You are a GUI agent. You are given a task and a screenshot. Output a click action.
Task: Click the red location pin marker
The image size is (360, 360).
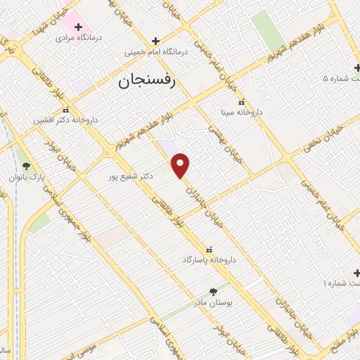(181, 165)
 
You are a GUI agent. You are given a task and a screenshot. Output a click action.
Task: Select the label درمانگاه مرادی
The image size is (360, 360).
(79, 38)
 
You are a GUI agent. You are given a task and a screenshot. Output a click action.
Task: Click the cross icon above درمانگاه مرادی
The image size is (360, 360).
(78, 27)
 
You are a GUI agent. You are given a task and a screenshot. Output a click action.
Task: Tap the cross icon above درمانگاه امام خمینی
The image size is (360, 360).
(155, 41)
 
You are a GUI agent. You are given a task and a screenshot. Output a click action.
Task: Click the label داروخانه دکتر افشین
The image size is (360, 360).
(65, 120)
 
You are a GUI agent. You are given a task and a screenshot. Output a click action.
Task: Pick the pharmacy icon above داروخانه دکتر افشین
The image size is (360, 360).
(65, 110)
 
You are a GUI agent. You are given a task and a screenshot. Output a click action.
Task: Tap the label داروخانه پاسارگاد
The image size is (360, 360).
(209, 260)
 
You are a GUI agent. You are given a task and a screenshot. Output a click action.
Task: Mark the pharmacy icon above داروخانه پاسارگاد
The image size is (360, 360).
(209, 250)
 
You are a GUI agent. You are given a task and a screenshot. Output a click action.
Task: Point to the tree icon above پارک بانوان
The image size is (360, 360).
(27, 166)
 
